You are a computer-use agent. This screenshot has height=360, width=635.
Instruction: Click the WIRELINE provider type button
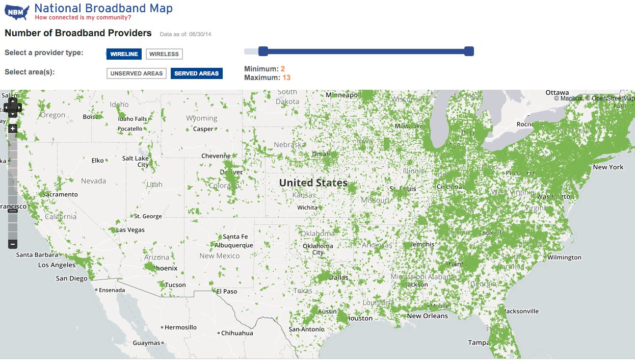[124, 54]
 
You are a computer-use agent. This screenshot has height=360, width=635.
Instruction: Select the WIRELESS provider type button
[164, 54]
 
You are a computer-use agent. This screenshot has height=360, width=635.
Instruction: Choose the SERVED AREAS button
[196, 73]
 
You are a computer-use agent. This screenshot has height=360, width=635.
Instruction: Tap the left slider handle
[263, 51]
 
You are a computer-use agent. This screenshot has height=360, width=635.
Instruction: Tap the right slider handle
[469, 51]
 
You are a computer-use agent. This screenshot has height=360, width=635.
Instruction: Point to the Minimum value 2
[282, 69]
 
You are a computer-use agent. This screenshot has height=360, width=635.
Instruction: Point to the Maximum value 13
[286, 78]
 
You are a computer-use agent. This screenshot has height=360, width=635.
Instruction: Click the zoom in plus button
[13, 128]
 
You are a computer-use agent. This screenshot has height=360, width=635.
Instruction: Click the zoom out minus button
[13, 244]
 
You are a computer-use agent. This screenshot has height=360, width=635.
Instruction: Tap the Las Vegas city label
[130, 230]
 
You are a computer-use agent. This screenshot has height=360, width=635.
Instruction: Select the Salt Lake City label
[136, 162]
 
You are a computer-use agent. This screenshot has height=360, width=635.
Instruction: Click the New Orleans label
[427, 316]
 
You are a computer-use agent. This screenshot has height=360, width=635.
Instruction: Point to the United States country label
[313, 183]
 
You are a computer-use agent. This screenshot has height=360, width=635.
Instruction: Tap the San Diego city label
[71, 278]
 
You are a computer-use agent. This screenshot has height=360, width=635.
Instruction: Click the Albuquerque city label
[233, 245]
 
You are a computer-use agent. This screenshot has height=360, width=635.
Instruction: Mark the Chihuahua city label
[237, 333]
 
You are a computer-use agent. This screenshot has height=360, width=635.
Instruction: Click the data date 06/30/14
[200, 35]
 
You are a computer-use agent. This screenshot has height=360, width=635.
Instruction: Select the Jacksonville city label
[521, 311]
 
